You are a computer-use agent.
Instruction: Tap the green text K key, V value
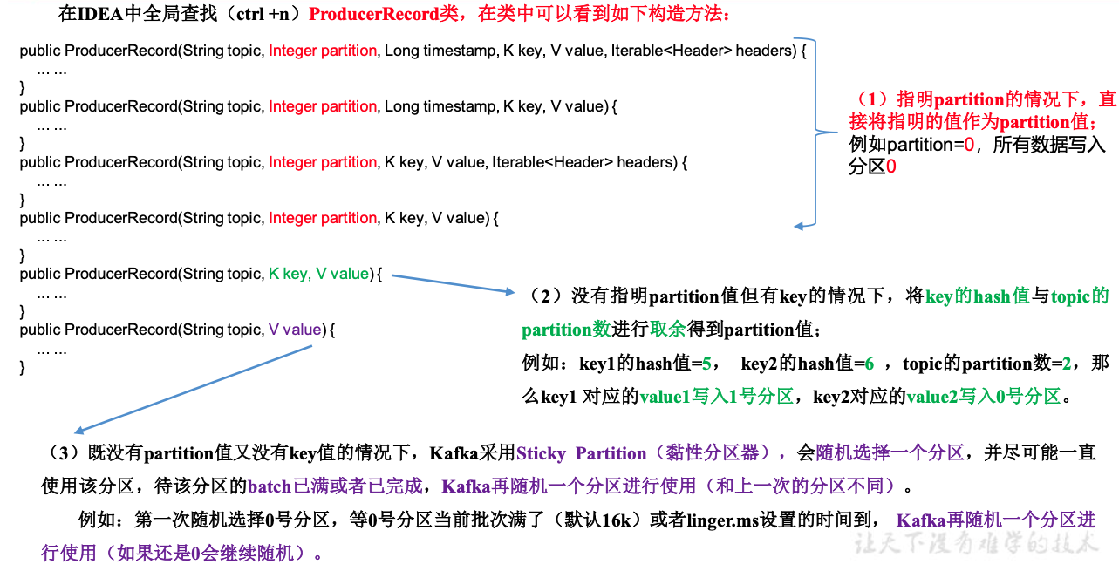click(x=318, y=274)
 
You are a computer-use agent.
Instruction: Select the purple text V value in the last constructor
click(x=295, y=330)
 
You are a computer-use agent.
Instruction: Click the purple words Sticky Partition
click(x=581, y=453)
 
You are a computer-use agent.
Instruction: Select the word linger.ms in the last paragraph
click(x=721, y=520)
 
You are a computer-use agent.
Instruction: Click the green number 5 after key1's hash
click(x=706, y=364)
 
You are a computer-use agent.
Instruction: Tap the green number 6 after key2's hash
click(x=869, y=364)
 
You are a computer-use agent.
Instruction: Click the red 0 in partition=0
click(x=968, y=145)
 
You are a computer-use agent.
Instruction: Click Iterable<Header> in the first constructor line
click(x=671, y=51)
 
